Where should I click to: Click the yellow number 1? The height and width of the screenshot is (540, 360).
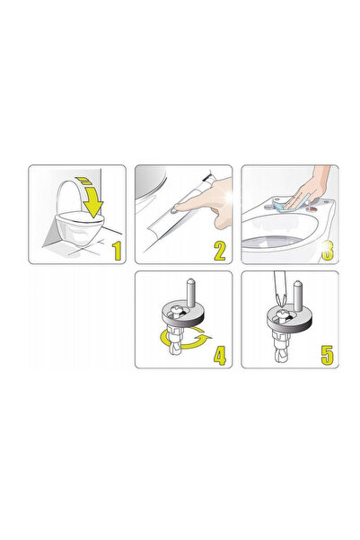[x=118, y=251]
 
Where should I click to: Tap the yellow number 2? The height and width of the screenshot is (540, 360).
[x=220, y=251]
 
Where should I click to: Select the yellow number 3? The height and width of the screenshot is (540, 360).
[x=328, y=251]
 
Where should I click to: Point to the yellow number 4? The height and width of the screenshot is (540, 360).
[x=220, y=356]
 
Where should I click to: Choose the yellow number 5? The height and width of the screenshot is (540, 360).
[x=327, y=356]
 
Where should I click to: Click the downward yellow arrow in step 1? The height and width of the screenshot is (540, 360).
[x=90, y=197]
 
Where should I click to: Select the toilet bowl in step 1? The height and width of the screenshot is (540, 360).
[x=78, y=227]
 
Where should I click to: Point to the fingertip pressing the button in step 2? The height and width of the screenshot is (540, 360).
[x=178, y=207]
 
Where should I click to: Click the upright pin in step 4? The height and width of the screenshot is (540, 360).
[x=190, y=294]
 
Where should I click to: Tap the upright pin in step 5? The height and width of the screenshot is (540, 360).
[x=298, y=294]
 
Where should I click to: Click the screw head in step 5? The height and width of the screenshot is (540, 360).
[x=284, y=313]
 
